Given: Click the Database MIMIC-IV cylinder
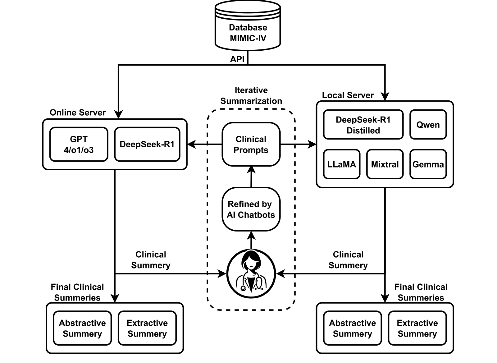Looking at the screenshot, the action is (248, 25).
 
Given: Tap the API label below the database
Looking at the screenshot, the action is (237, 59).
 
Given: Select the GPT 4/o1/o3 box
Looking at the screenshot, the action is (79, 144).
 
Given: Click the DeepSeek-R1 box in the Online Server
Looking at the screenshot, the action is (147, 144).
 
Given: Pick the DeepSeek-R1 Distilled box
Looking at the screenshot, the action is (363, 125).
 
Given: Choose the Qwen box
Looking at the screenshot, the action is (428, 125).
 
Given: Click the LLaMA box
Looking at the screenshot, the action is (342, 164).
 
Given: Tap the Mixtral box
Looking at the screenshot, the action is (385, 164).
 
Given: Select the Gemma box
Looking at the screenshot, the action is (428, 164).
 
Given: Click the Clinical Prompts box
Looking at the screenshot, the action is (251, 144).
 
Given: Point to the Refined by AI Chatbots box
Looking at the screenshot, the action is (251, 209).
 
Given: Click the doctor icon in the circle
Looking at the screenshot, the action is (251, 273).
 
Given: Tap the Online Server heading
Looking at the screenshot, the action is (78, 113).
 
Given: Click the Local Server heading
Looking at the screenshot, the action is (348, 95).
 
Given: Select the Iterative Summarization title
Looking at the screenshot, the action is (251, 96).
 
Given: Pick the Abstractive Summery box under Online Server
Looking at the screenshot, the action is (82, 328).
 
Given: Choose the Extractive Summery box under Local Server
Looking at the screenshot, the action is (417, 328).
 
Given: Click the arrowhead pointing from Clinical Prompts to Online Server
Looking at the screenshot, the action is (191, 144).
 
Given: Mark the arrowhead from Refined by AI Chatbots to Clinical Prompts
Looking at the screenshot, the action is (251, 170).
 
